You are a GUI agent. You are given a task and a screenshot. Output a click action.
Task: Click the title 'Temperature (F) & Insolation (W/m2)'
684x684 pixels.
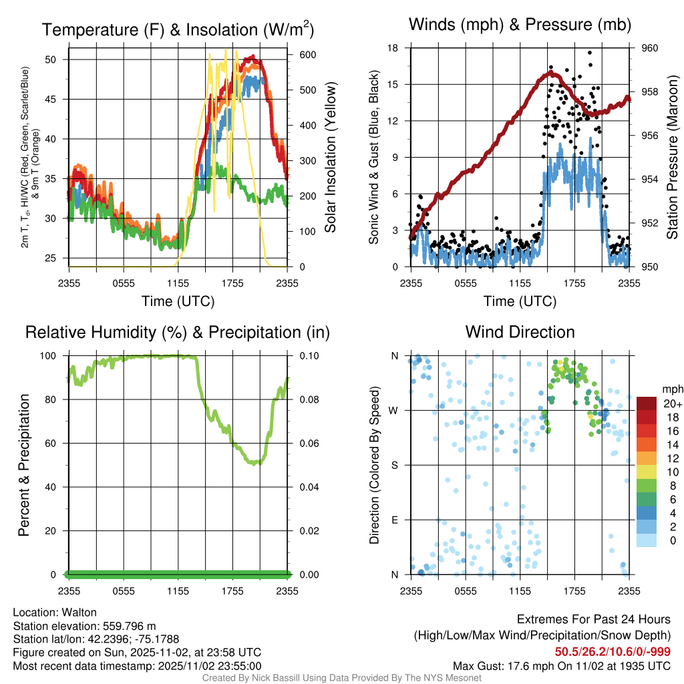click(178, 30)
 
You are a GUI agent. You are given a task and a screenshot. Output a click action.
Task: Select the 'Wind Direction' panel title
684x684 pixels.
click(520, 332)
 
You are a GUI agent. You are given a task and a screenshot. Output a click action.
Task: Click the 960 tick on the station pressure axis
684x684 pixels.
click(650, 48)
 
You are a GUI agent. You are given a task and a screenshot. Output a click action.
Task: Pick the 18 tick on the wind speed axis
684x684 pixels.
click(393, 48)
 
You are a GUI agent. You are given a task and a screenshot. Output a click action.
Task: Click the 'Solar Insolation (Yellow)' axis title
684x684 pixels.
click(331, 158)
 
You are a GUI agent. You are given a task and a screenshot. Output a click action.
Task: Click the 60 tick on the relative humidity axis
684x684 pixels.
click(55, 444)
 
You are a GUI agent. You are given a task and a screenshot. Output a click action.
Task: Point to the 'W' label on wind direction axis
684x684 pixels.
click(394, 411)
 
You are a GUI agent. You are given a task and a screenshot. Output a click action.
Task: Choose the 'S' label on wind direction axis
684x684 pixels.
click(395, 466)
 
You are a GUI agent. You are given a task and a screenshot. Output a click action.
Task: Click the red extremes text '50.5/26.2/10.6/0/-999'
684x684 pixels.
click(613, 652)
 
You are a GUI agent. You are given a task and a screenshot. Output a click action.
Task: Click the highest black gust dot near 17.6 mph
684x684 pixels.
click(590, 53)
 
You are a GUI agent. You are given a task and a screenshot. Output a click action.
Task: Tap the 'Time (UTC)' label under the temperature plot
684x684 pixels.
click(178, 301)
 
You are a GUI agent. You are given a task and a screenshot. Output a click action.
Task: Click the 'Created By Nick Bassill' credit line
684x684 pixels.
click(341, 678)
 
